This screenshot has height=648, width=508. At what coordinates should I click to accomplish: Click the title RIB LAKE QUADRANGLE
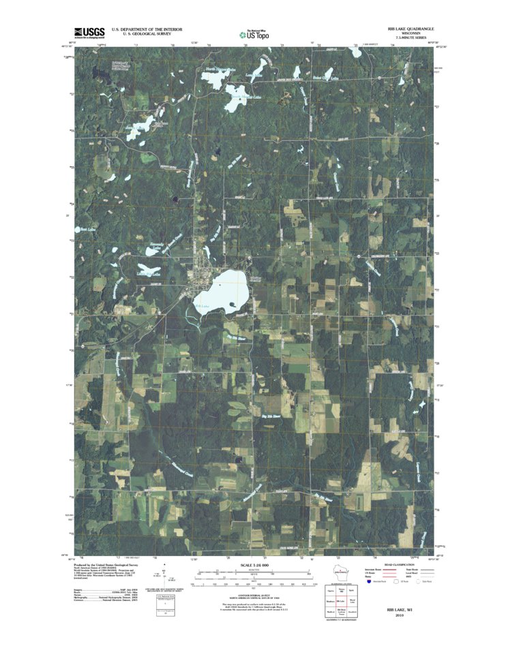pyautogui.click(x=410, y=29)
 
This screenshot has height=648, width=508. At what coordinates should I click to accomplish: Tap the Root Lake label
pyautogui.click(x=87, y=230)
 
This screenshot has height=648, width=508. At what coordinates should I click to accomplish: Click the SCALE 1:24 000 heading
pyautogui.click(x=254, y=565)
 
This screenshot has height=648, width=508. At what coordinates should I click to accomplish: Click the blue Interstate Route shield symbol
pyautogui.click(x=369, y=583)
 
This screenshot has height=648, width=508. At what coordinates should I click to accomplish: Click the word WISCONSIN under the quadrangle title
pyautogui.click(x=410, y=33)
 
